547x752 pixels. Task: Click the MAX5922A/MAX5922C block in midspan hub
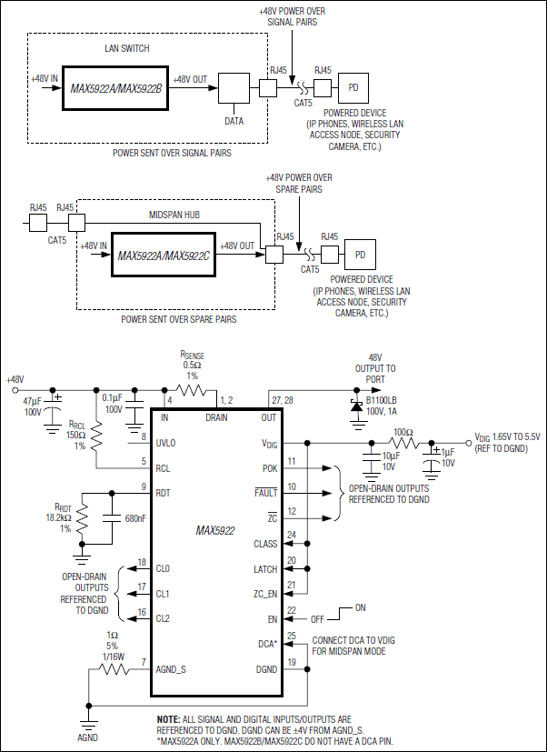click(163, 256)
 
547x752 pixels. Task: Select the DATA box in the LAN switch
click(234, 89)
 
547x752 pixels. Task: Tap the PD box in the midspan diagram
click(360, 254)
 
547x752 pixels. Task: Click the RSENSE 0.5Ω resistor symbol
click(192, 392)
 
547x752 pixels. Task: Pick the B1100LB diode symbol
click(353, 404)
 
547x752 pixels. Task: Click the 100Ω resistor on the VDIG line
click(404, 443)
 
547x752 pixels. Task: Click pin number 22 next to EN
click(292, 610)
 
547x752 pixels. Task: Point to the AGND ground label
click(87, 737)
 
